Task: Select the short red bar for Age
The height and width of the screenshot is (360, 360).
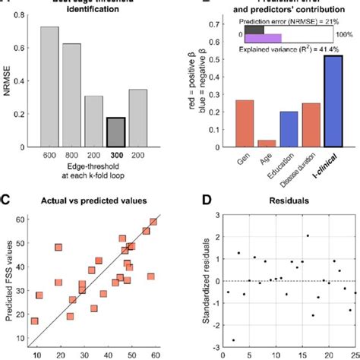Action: [267, 142]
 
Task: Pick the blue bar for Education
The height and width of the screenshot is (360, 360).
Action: [289, 128]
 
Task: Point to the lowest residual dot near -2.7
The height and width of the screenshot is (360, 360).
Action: [232, 340]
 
